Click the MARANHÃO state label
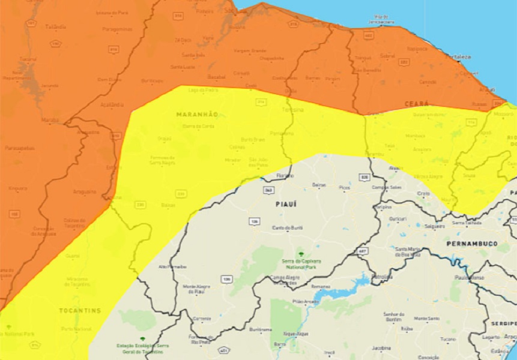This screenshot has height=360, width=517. click(x=197, y=114)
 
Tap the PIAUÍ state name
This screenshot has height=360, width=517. click(x=286, y=204)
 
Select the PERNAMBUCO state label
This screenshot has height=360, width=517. click(x=472, y=244)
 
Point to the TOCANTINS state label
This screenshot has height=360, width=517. click(x=80, y=310)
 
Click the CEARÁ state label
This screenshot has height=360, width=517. click(x=417, y=104)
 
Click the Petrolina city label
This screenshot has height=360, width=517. click(x=381, y=277)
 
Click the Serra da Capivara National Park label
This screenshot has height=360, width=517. click(x=301, y=265)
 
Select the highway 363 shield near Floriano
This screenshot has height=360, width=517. click(x=268, y=190)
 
